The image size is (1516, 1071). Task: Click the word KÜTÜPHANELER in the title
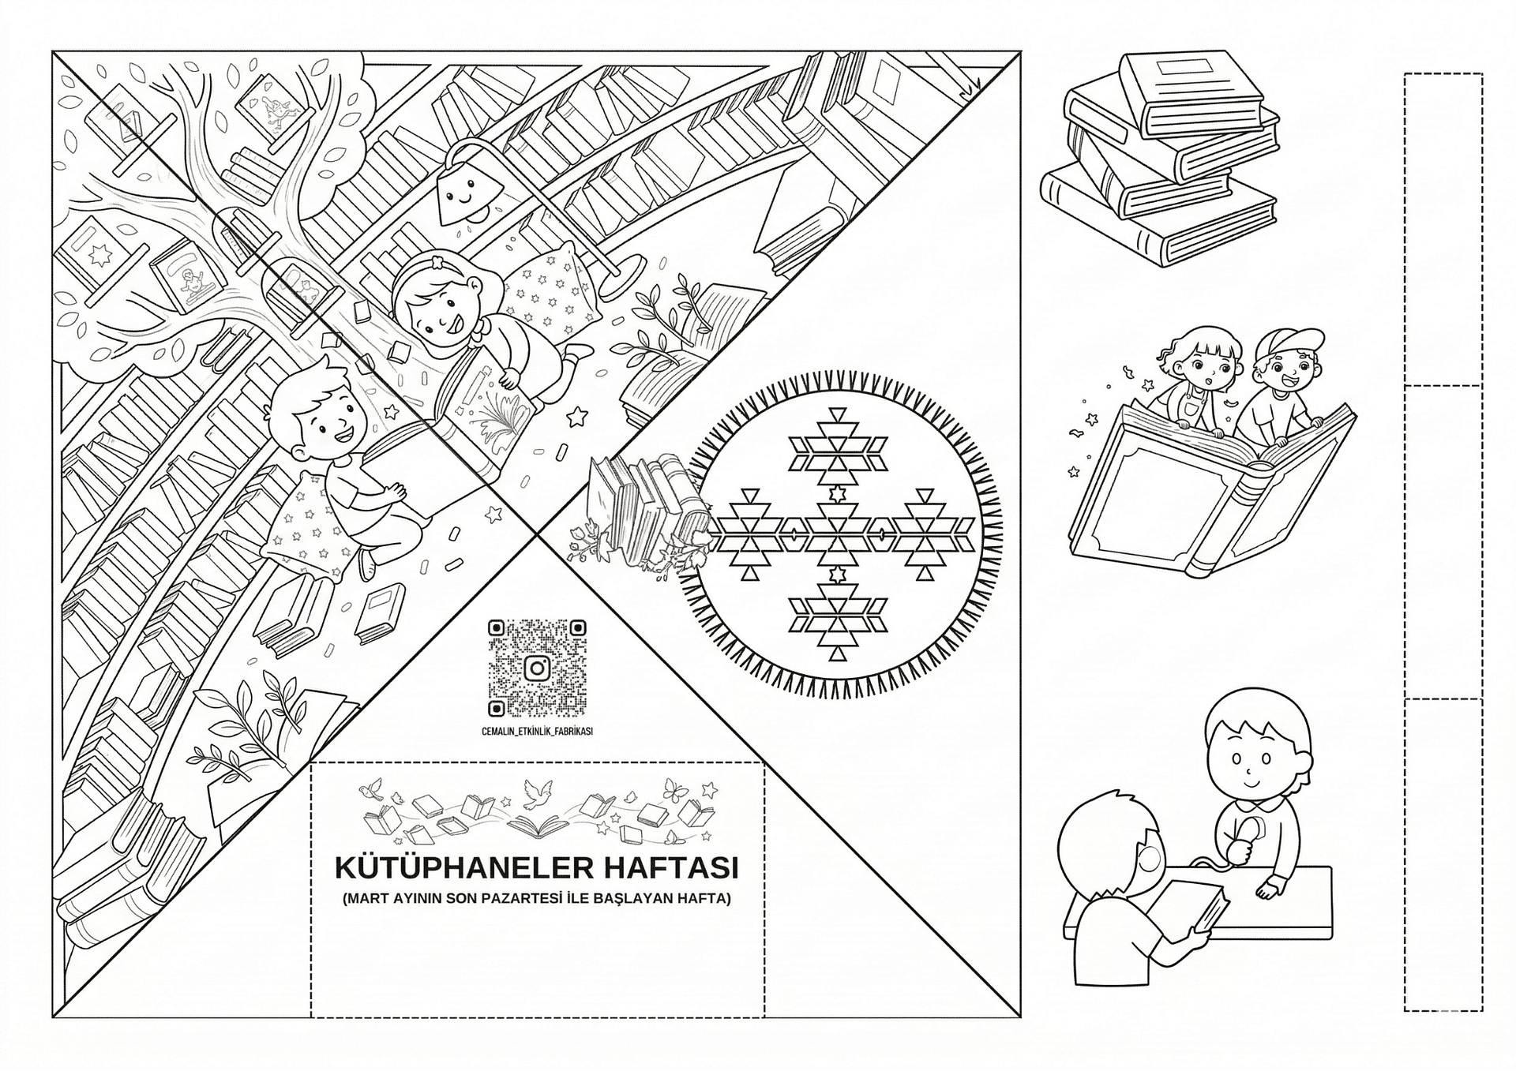[x=463, y=867]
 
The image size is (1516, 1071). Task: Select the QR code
[x=537, y=668]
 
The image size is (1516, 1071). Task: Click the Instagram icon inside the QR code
[x=538, y=668]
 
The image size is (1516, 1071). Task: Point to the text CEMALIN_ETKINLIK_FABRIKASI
[x=537, y=732]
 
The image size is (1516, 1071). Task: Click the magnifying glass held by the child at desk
[x=1245, y=835]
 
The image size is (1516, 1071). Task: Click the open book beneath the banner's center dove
[x=539, y=826]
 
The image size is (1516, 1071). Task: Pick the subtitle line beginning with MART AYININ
[x=537, y=899]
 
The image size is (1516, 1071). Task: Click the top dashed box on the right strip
[x=1443, y=229]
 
